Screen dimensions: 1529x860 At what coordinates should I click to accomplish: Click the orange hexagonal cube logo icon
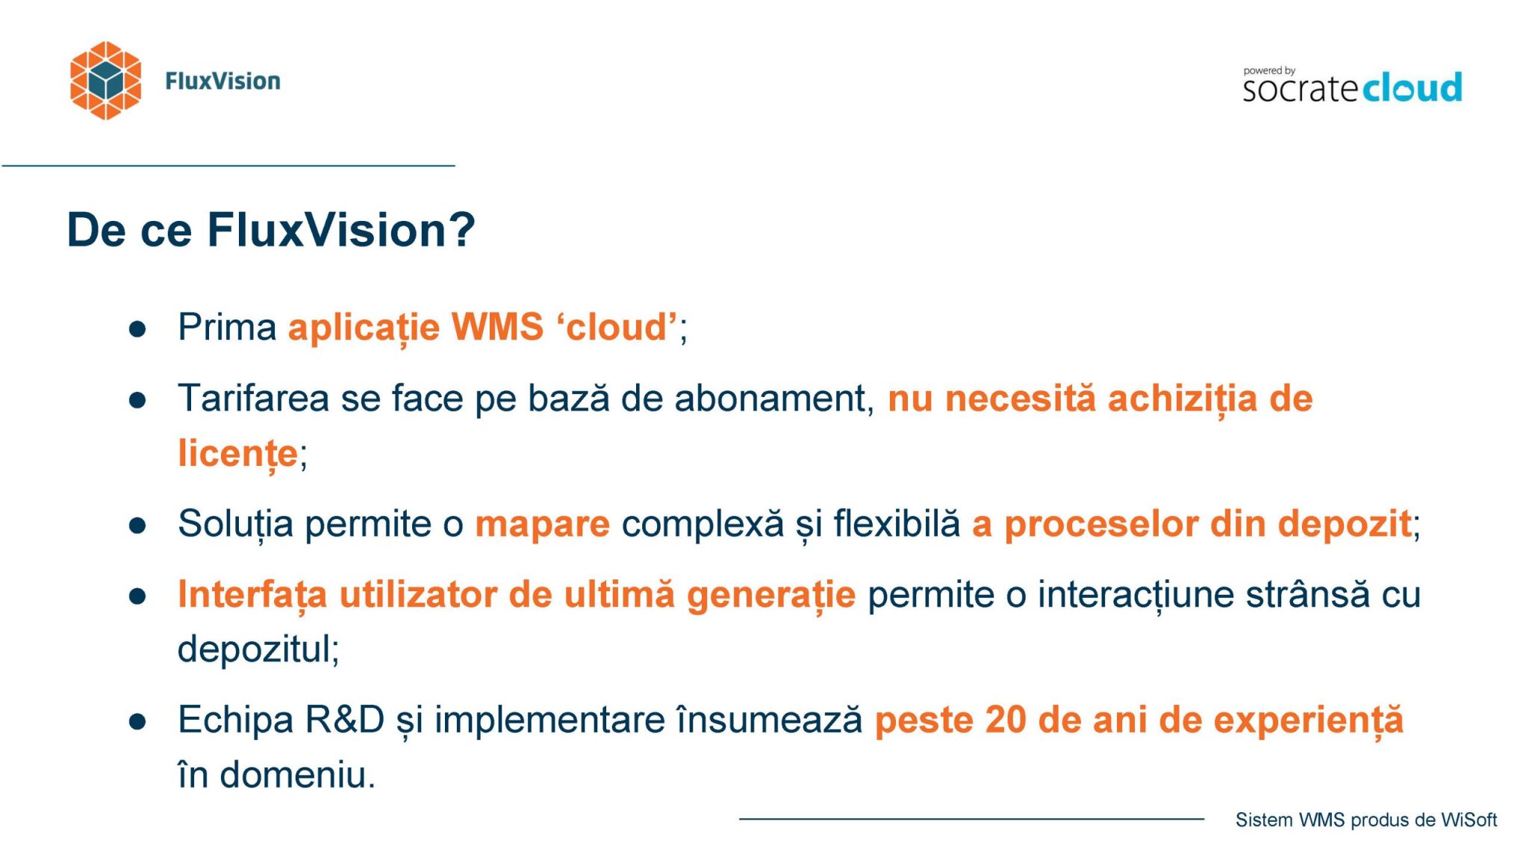[105, 81]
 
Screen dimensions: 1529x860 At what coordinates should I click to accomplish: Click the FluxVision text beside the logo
[222, 81]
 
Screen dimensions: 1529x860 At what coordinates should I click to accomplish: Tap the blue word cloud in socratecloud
[1413, 88]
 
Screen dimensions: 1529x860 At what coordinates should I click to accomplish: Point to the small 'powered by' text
[1269, 71]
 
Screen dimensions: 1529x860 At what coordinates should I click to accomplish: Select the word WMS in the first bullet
[497, 327]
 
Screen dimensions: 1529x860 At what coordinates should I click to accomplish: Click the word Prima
[227, 327]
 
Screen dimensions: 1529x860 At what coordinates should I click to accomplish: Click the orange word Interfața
[252, 595]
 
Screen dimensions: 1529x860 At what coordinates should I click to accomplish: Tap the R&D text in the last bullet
[345, 720]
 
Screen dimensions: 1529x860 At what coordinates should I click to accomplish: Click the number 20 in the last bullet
[1006, 720]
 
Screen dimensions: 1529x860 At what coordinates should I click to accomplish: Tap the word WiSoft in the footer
[1469, 820]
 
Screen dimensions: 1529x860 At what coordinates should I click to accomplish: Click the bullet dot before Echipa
[137, 722]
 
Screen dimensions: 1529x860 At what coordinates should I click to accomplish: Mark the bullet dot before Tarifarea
[137, 400]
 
